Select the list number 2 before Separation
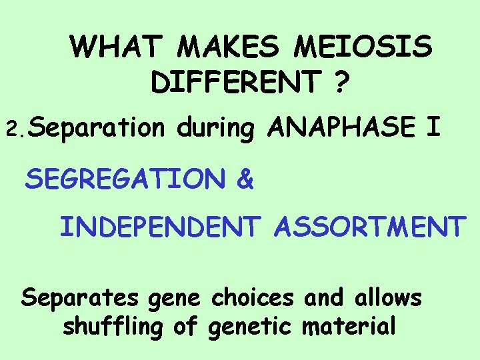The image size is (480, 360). (12, 128)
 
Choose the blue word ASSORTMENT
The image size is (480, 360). (369, 227)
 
